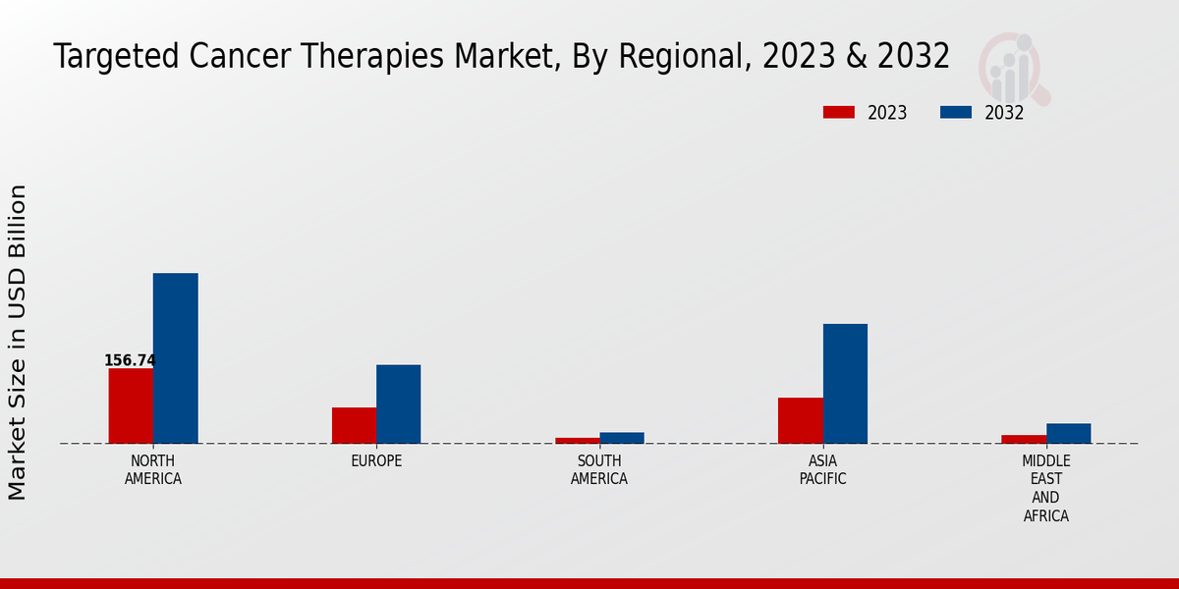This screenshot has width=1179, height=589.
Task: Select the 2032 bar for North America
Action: click(175, 358)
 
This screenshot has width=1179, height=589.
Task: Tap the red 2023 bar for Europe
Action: click(354, 425)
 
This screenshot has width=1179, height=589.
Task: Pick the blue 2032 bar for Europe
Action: click(398, 403)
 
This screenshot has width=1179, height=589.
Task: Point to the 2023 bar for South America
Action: click(577, 440)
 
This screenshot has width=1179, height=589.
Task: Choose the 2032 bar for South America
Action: click(622, 438)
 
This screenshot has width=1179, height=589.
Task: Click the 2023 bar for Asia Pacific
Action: click(800, 420)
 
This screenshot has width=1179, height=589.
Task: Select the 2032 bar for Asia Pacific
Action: click(845, 384)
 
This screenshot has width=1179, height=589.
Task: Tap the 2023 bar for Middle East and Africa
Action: click(1024, 439)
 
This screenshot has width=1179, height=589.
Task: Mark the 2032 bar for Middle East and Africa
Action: click(1068, 433)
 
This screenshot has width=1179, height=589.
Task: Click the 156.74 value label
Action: click(130, 360)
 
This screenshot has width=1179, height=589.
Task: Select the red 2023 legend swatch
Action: click(838, 112)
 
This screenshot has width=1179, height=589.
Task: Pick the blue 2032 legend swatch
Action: click(955, 112)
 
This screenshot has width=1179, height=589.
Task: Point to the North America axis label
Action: click(153, 470)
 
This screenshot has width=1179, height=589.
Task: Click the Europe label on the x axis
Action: click(376, 461)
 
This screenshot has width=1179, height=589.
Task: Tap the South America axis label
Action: click(599, 470)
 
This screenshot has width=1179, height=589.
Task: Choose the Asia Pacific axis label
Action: click(822, 470)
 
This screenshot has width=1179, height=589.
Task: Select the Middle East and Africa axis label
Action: click(1046, 488)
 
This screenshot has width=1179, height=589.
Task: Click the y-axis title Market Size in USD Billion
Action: click(18, 342)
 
